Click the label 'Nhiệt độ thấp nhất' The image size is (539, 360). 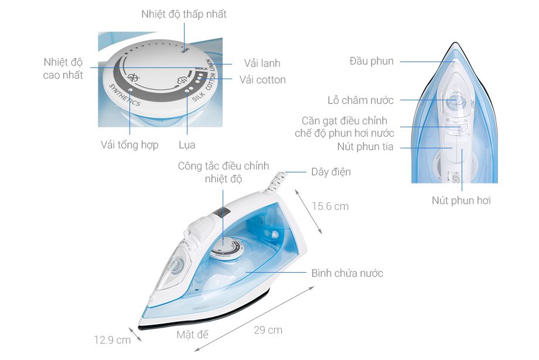pyautogui.click(x=183, y=14)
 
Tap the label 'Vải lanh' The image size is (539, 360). pyautogui.click(x=262, y=63)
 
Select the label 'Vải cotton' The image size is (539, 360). pyautogui.click(x=262, y=80)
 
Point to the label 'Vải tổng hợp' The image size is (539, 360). pyautogui.click(x=129, y=145)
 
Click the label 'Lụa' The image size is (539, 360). pyautogui.click(x=187, y=145)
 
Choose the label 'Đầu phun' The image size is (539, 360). pyautogui.click(x=371, y=61)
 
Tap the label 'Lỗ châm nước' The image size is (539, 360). pyautogui.click(x=360, y=100)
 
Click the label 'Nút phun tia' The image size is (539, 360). pyautogui.click(x=366, y=147)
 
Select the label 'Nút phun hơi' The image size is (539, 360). pyautogui.click(x=461, y=201)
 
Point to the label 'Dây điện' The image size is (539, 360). pyautogui.click(x=331, y=172)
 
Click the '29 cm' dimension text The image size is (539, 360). pyautogui.click(x=268, y=330)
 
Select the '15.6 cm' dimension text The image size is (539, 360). pyautogui.click(x=330, y=206)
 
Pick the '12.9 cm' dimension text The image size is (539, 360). pyautogui.click(x=112, y=340)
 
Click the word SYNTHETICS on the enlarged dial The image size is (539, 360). pyautogui.click(x=124, y=94)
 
